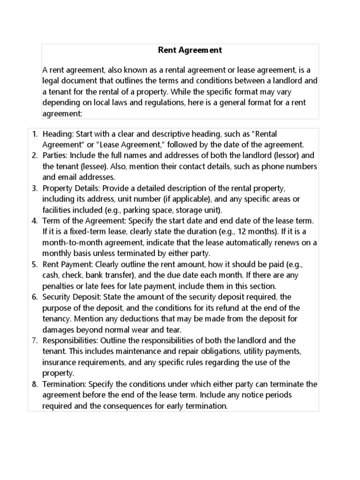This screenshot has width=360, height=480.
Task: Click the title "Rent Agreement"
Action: click(183, 50)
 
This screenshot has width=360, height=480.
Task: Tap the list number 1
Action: click(34, 135)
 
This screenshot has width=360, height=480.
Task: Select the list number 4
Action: click(34, 221)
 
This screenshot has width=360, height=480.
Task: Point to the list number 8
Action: click(34, 384)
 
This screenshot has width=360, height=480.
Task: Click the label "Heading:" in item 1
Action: click(57, 135)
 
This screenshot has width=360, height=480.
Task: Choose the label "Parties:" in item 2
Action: click(55, 156)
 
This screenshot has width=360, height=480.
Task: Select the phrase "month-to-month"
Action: click(67, 242)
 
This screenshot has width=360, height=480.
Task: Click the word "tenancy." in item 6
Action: click(57, 319)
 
